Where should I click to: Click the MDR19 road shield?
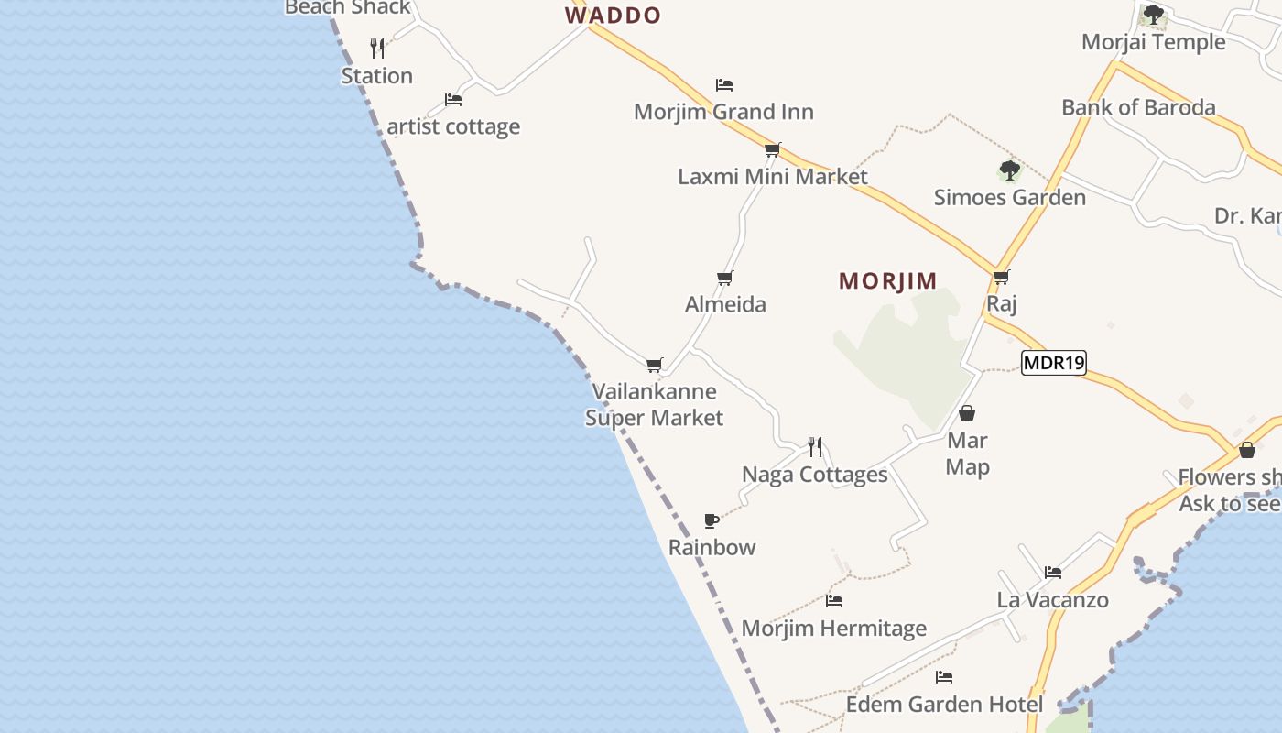(x=1053, y=363)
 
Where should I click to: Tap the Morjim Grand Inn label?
(x=723, y=112)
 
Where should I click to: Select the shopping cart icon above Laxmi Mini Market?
(x=772, y=149)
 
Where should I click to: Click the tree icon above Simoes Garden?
(x=1009, y=170)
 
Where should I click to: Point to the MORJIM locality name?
(x=887, y=281)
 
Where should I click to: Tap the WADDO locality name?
(x=613, y=16)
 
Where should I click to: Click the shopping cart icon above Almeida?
(x=725, y=278)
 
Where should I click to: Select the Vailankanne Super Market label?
(x=654, y=405)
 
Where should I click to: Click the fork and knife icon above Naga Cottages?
(x=815, y=447)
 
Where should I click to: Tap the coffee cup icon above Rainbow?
(x=712, y=521)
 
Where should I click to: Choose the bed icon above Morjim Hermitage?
(x=833, y=601)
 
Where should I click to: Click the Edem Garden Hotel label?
(x=944, y=705)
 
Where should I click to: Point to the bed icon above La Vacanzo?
(x=1053, y=573)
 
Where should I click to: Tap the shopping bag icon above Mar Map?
(x=967, y=413)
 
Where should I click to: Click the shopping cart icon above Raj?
(x=1001, y=277)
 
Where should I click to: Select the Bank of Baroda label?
(x=1138, y=107)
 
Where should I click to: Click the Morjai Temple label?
(x=1153, y=42)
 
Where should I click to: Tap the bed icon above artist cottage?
(x=452, y=99)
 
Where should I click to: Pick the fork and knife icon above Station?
(x=377, y=48)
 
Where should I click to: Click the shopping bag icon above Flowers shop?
(x=1246, y=450)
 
